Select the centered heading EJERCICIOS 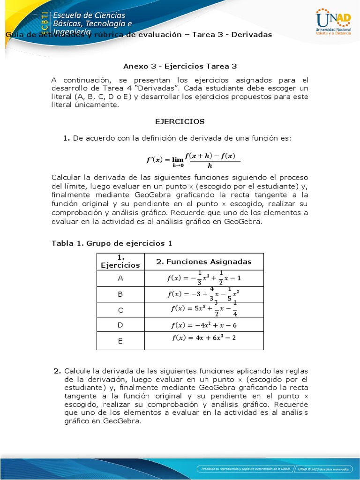(180, 121)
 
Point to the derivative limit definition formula (193, 158)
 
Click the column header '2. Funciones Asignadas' (204, 262)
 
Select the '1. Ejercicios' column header (120, 262)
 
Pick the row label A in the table (120, 278)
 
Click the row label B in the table (120, 294)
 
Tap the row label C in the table (120, 310)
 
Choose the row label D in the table (120, 325)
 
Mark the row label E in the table (120, 341)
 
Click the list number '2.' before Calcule (57, 371)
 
